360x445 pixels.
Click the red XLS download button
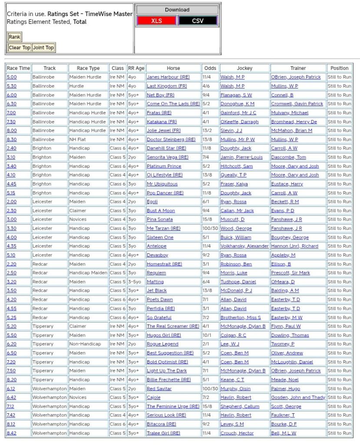point(156,21)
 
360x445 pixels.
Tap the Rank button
point(14,37)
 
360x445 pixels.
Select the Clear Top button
point(20,47)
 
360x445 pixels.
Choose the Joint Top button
point(43,47)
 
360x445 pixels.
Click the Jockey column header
point(244,68)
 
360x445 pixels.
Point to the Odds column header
point(210,68)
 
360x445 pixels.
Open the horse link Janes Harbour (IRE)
point(168,77)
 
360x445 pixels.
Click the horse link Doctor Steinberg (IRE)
point(171,139)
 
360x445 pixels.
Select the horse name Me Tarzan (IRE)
point(163,229)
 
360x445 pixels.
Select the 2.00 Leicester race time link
point(11,202)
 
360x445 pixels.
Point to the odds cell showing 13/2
point(207,130)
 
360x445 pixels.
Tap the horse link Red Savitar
point(159,389)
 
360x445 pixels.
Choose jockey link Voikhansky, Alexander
point(244,246)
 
